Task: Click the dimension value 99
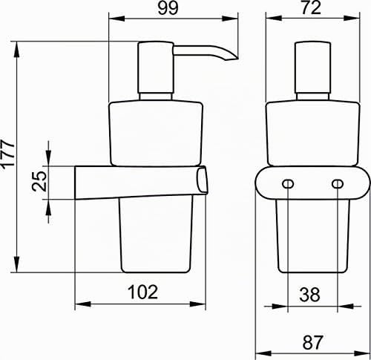pos(168,8)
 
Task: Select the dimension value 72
pos(311,7)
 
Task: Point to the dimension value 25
pos(39,182)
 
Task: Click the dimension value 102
pos(142,292)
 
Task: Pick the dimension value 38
pos(309,295)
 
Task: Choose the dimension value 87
pos(312,342)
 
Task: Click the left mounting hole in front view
pos(288,184)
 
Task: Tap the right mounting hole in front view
pos(338,184)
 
